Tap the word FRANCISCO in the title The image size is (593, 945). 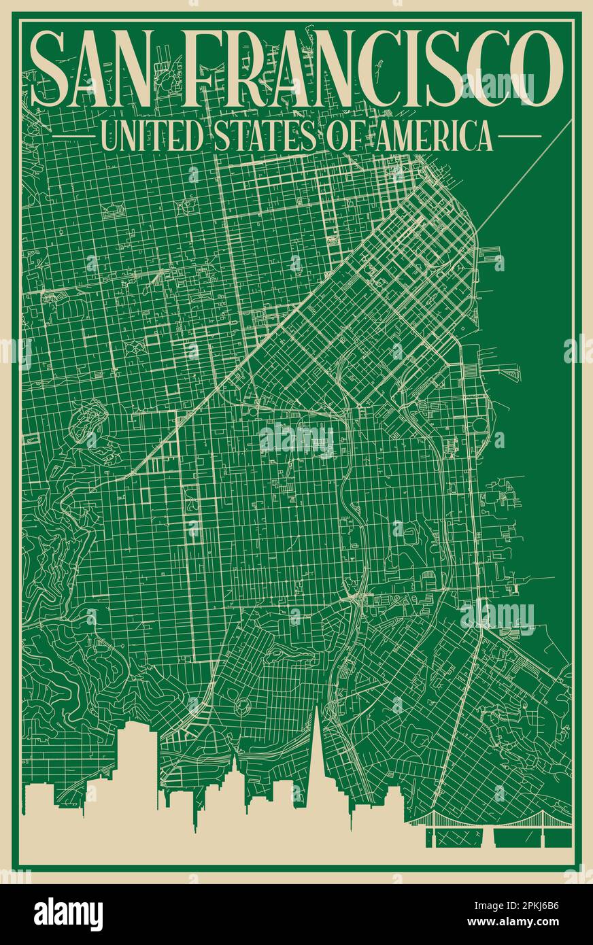[x=368, y=69]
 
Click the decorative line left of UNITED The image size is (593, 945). [x=74, y=137]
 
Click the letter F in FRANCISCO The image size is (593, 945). [x=205, y=69]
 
